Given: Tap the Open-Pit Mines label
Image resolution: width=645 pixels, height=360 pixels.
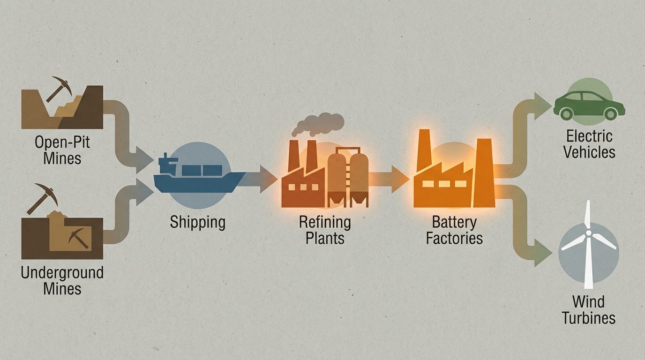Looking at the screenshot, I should [x=62, y=150].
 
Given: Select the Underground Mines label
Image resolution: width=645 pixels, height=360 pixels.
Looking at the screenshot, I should [x=62, y=280].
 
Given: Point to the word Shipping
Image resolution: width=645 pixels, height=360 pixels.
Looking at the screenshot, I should [x=197, y=222].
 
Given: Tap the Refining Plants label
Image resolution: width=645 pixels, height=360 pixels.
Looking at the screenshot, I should [x=325, y=229].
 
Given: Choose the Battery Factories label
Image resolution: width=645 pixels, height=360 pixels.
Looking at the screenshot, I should [x=454, y=229].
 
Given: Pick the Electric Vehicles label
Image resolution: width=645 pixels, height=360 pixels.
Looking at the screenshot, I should [x=589, y=144].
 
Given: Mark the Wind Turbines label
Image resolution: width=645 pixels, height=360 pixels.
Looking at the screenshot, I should [x=588, y=309].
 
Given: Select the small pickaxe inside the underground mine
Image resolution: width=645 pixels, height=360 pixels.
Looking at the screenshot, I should [x=78, y=238].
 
